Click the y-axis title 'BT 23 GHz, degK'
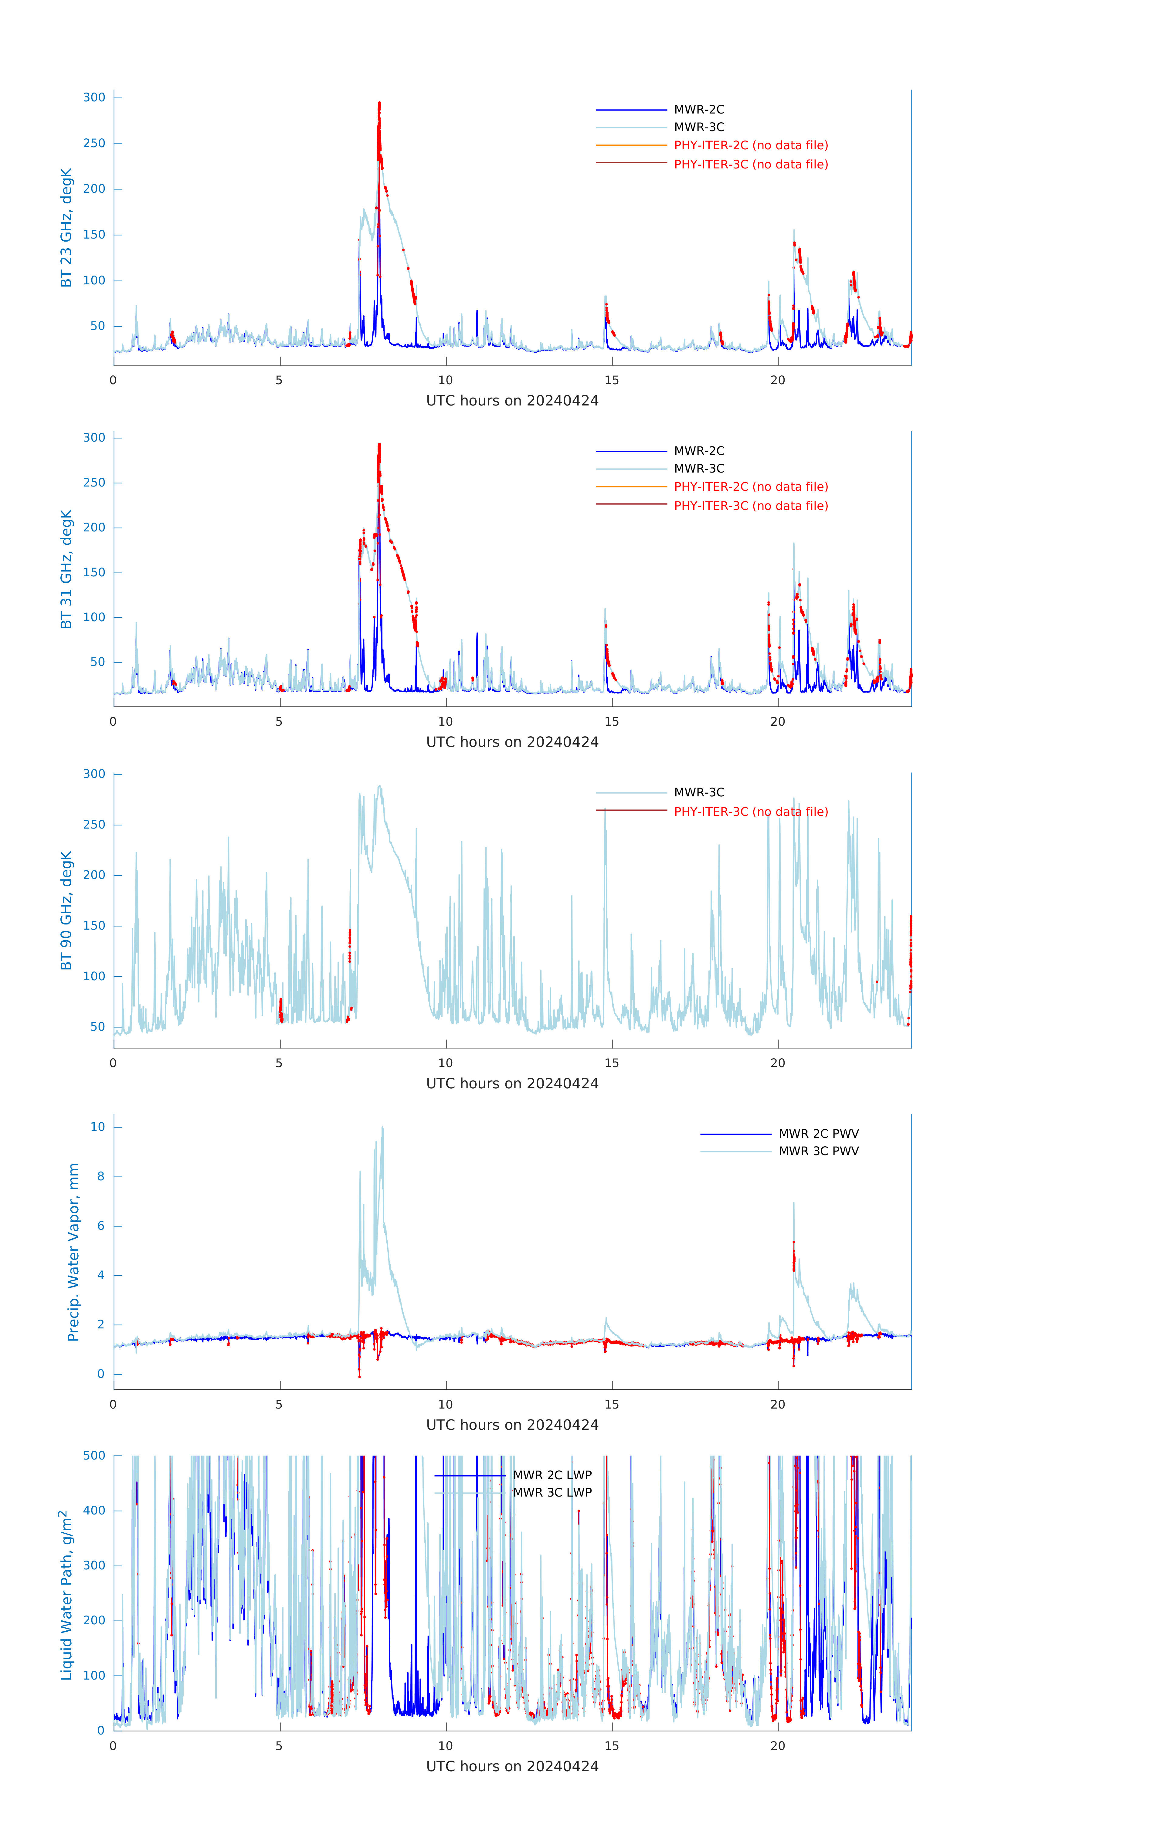pos(66,228)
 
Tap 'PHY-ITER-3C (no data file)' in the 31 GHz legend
pos(750,506)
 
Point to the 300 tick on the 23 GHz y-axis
pos(94,97)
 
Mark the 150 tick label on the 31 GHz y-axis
pos(94,572)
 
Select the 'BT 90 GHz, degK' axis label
pos(66,910)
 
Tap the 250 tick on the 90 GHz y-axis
pos(94,825)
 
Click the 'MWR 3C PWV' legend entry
pos(818,1151)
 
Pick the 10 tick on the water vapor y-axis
pos(97,1127)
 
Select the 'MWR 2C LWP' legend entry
pos(552,1475)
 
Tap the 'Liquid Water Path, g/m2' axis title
pos(66,1595)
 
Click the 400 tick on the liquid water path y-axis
pos(94,1511)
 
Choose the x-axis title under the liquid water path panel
pos(512,1767)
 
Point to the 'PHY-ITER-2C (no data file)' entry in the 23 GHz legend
pos(750,145)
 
